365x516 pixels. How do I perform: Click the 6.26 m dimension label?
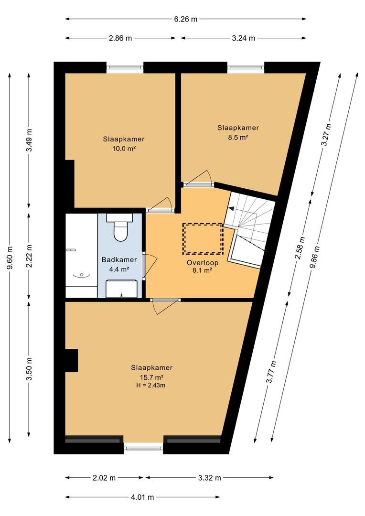186,19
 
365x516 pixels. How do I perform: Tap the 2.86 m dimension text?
120,38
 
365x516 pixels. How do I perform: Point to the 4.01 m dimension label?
142,497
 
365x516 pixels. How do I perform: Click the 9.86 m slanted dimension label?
315,257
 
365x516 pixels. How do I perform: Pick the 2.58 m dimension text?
300,248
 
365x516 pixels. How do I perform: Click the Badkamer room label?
119,259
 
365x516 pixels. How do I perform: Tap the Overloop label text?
203,263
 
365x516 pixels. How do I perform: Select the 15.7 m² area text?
152,377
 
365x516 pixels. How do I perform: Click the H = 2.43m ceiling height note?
151,386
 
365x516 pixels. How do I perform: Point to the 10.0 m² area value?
124,149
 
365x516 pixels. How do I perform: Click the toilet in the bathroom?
120,227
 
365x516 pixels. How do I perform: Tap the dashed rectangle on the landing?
203,238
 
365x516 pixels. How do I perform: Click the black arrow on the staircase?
232,208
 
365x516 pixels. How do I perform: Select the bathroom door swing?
150,266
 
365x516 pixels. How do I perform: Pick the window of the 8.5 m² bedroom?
246,67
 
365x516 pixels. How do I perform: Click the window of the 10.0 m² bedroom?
125,67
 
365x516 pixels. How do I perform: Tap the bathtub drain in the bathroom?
81,275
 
